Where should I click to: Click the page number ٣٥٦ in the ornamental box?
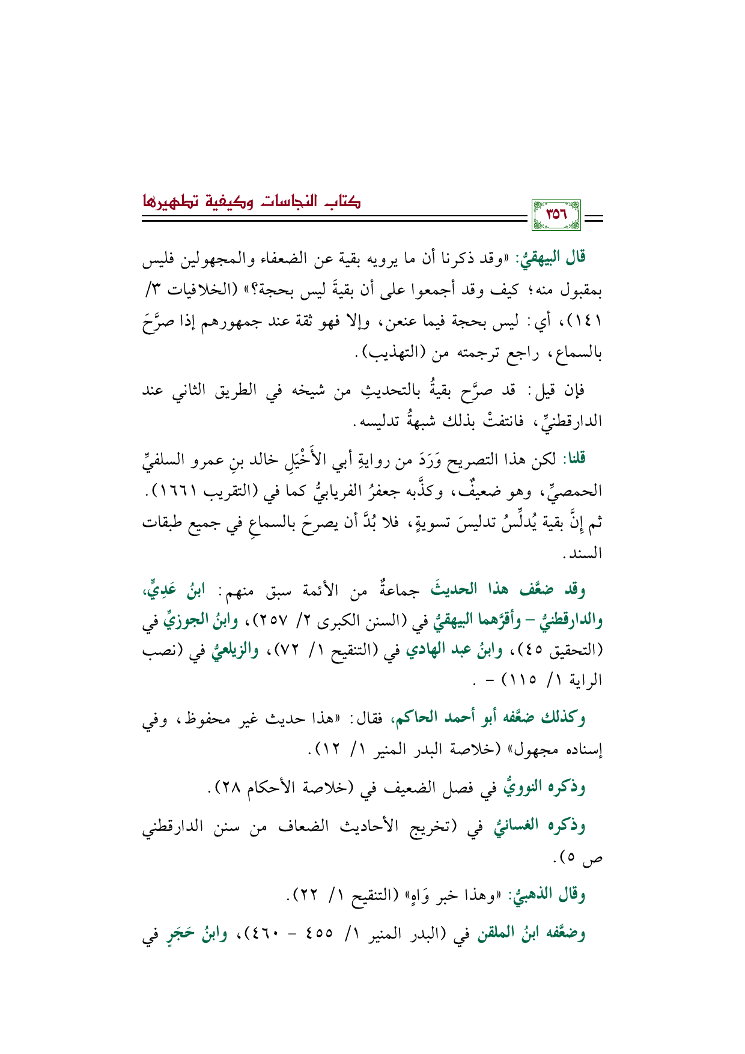[556, 215]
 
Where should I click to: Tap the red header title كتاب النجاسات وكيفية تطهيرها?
[251, 201]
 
